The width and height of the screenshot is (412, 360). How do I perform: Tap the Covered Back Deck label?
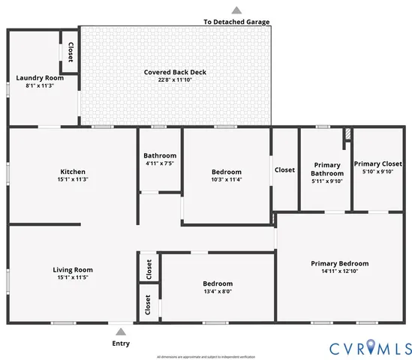click(175, 72)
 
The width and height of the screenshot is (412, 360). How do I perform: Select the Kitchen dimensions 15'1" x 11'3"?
click(72, 179)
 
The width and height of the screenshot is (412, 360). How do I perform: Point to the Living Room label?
click(72, 269)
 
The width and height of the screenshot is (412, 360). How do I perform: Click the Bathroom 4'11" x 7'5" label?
click(160, 156)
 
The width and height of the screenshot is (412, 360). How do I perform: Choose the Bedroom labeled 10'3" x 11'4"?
click(226, 172)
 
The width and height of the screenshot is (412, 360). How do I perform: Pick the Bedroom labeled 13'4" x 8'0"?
click(218, 283)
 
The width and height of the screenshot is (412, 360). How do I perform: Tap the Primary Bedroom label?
click(339, 263)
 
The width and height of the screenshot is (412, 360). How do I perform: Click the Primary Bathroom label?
click(326, 169)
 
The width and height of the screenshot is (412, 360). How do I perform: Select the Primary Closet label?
click(377, 164)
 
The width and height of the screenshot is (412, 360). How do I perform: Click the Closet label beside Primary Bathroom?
click(284, 169)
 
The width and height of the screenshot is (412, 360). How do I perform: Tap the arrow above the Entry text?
click(121, 331)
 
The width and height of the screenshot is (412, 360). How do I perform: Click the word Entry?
click(121, 343)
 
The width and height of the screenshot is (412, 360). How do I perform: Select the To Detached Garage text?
click(236, 22)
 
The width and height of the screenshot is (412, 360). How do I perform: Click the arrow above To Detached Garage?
click(236, 10)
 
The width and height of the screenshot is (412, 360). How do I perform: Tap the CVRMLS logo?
click(370, 348)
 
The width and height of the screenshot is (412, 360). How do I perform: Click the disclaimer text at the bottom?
click(206, 356)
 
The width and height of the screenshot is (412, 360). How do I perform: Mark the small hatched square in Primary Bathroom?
click(347, 135)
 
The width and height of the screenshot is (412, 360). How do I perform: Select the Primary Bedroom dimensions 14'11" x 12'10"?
click(339, 271)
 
